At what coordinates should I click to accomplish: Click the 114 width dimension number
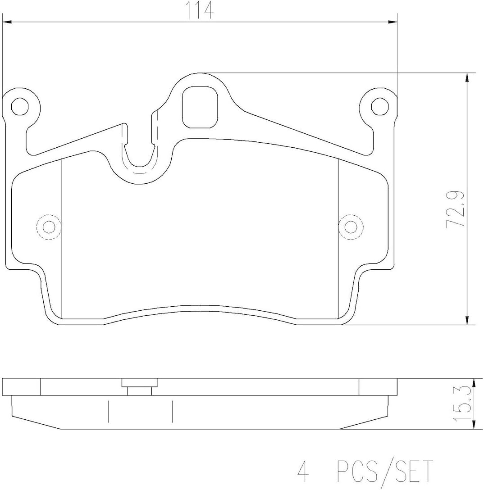point(200,10)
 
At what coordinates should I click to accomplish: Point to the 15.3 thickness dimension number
point(463,403)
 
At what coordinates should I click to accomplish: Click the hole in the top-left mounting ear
point(20,106)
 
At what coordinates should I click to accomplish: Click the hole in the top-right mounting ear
point(380,106)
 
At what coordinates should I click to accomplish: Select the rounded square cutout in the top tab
point(200,107)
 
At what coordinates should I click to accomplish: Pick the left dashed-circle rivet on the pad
point(49,227)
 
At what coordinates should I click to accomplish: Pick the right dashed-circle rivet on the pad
point(351,227)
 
